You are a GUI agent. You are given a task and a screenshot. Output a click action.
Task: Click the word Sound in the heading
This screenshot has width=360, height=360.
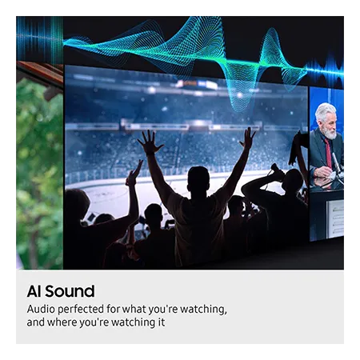coord(70,291)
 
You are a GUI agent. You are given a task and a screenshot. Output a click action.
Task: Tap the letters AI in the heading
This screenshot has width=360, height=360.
coord(34,291)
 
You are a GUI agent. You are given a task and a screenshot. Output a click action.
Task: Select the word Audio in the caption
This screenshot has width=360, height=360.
coord(41,310)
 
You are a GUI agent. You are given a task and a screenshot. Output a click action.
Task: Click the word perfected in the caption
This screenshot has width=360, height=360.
coord(81,310)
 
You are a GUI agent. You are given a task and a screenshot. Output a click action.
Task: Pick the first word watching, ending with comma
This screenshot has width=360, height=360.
coord(203,310)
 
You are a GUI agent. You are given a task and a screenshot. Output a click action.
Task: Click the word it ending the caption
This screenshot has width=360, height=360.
coord(162,322)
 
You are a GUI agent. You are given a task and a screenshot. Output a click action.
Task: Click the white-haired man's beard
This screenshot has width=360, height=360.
coord(330,131)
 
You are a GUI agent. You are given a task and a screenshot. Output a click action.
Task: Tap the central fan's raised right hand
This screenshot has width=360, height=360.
coord(248,138)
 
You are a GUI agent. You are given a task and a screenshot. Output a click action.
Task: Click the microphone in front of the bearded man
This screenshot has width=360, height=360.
coord(336,162)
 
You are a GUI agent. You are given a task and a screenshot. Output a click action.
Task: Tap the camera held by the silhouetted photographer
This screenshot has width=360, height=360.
coord(277,170)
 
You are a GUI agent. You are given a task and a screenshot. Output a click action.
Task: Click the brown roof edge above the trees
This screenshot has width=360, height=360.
coord(39,71)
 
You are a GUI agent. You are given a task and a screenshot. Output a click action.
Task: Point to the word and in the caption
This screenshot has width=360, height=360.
coord(36,322)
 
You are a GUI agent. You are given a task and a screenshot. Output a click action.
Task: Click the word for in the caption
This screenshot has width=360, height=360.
coord(113,310)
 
